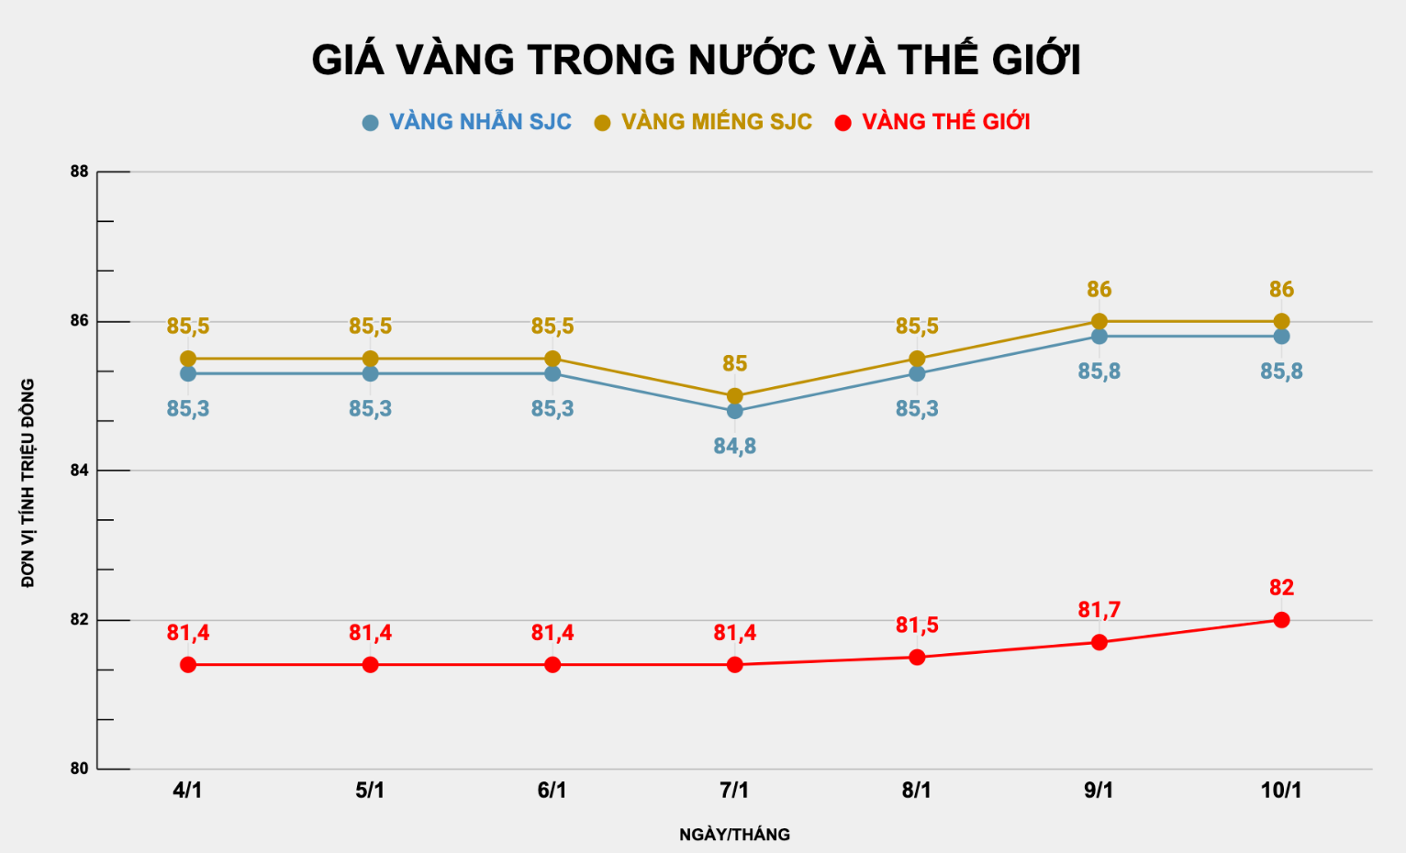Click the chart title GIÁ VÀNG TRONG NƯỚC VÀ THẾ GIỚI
click(x=696, y=61)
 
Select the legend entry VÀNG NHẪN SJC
click(x=479, y=122)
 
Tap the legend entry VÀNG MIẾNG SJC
click(x=716, y=122)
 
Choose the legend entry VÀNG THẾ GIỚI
click(x=945, y=122)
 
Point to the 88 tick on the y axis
click(x=79, y=172)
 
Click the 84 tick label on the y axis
click(x=79, y=471)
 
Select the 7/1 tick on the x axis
click(x=734, y=791)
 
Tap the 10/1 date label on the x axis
click(x=1281, y=791)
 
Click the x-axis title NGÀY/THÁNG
click(x=734, y=835)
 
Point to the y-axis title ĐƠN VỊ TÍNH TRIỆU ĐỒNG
click(x=28, y=482)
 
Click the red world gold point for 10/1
click(x=1281, y=620)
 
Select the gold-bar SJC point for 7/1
click(x=734, y=396)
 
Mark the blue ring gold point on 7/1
click(x=734, y=411)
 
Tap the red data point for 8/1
click(x=917, y=657)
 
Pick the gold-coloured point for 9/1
click(x=1099, y=321)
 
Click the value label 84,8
click(x=734, y=447)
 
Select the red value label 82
click(x=1281, y=588)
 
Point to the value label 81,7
click(x=1099, y=610)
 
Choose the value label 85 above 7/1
click(x=734, y=364)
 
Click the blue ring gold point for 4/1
click(x=188, y=373)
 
